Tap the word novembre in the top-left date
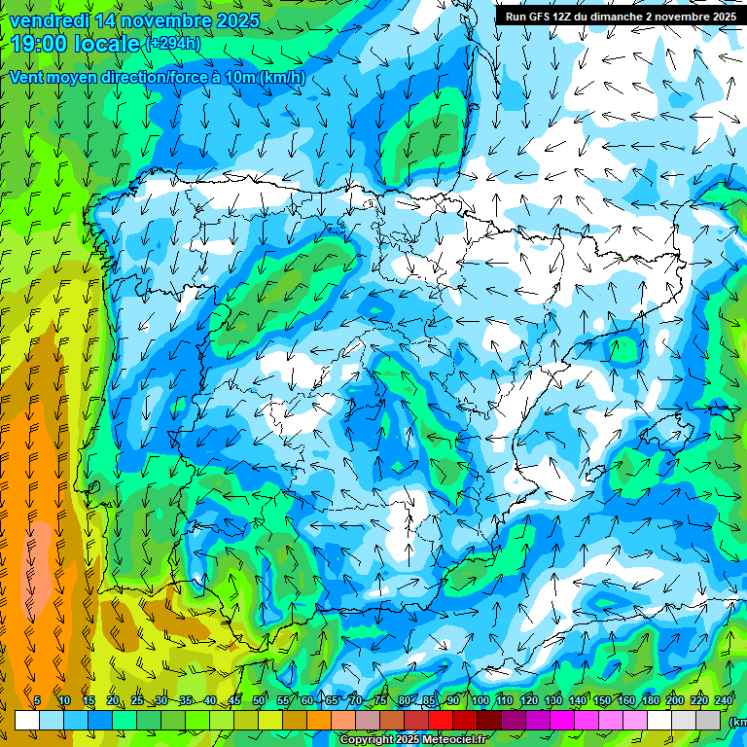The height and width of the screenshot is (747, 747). click(160, 20)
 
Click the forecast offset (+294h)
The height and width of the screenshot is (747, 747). click(172, 44)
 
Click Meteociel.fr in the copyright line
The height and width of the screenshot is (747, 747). click(456, 740)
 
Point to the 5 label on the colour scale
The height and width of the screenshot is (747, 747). click(37, 701)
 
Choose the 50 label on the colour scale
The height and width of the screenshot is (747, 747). click(259, 701)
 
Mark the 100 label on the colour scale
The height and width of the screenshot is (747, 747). click(480, 701)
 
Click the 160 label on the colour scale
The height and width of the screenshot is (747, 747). click(626, 701)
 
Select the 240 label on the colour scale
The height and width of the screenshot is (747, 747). click(724, 701)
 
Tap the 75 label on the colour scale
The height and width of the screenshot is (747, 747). click(380, 701)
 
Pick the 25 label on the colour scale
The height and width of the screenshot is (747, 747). click(136, 701)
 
